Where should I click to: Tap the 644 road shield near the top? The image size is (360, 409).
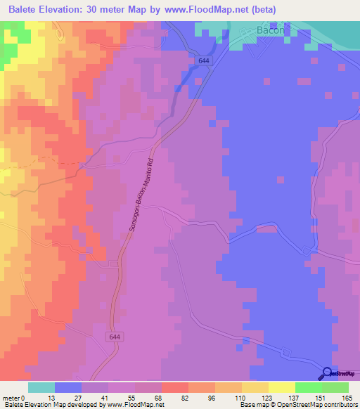[x=204, y=61]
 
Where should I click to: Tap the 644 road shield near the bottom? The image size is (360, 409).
[x=115, y=337]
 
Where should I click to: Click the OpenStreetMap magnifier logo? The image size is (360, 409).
[x=328, y=373]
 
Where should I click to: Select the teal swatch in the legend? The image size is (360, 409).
[x=41, y=387]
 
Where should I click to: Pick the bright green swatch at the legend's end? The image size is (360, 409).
[x=335, y=387]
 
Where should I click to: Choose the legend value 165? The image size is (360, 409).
[x=348, y=397]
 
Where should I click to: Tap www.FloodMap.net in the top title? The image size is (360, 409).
[x=210, y=10]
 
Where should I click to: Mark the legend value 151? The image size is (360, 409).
[x=321, y=397]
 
